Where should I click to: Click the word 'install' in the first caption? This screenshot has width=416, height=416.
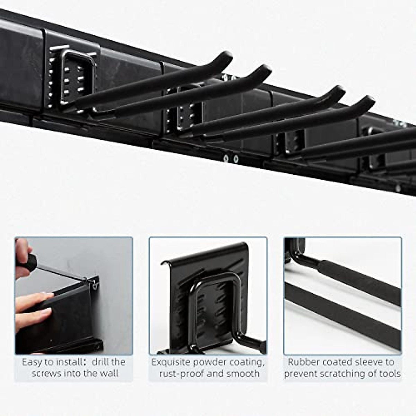click(x=66, y=362)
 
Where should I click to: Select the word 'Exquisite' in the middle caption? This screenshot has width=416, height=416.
click(x=171, y=362)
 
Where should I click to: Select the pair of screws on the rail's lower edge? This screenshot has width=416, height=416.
click(x=231, y=159)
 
